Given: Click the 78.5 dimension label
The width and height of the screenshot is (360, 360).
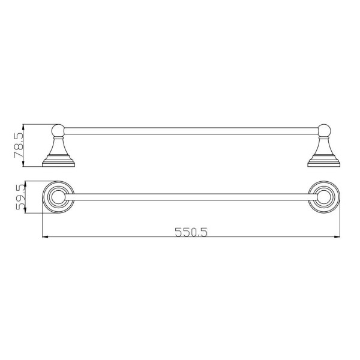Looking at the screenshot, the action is [x=19, y=145].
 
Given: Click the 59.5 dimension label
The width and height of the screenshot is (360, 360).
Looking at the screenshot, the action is [x=20, y=197].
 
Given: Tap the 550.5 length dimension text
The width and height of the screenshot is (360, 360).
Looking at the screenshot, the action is [x=191, y=232].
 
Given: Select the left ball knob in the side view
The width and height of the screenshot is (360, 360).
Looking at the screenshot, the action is [x=59, y=130].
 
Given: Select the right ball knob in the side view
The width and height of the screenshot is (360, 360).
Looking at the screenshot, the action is [x=324, y=130].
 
